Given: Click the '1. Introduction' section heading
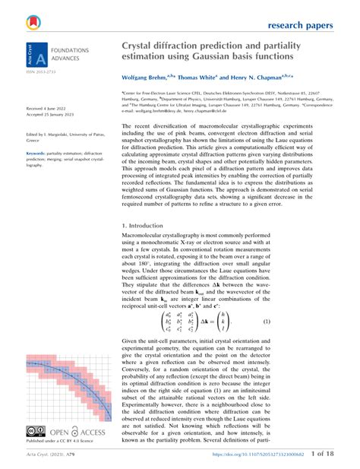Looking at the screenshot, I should tap(147, 227).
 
